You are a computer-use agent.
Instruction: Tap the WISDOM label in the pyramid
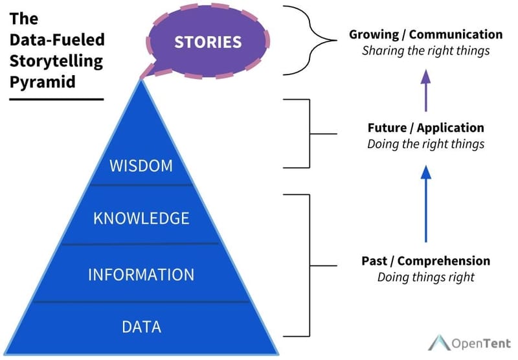pos(141,166)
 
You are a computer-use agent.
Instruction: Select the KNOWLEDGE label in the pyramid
pos(141,218)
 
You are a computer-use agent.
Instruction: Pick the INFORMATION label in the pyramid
pos(141,274)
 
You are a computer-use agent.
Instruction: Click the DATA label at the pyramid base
pos(141,325)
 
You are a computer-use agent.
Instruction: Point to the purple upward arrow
pos(425,88)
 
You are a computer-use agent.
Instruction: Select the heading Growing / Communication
pos(425,34)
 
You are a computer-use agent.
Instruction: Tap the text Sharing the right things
pos(425,51)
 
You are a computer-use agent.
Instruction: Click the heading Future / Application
pos(425,128)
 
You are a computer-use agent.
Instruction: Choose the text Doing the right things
pos(425,144)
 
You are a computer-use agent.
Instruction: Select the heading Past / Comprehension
pos(425,261)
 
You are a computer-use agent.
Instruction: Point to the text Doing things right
pos(425,277)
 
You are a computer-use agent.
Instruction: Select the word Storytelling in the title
pos(56,62)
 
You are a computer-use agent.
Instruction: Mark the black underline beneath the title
pos(56,99)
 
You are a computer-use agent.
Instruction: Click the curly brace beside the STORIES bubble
pos(310,42)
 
